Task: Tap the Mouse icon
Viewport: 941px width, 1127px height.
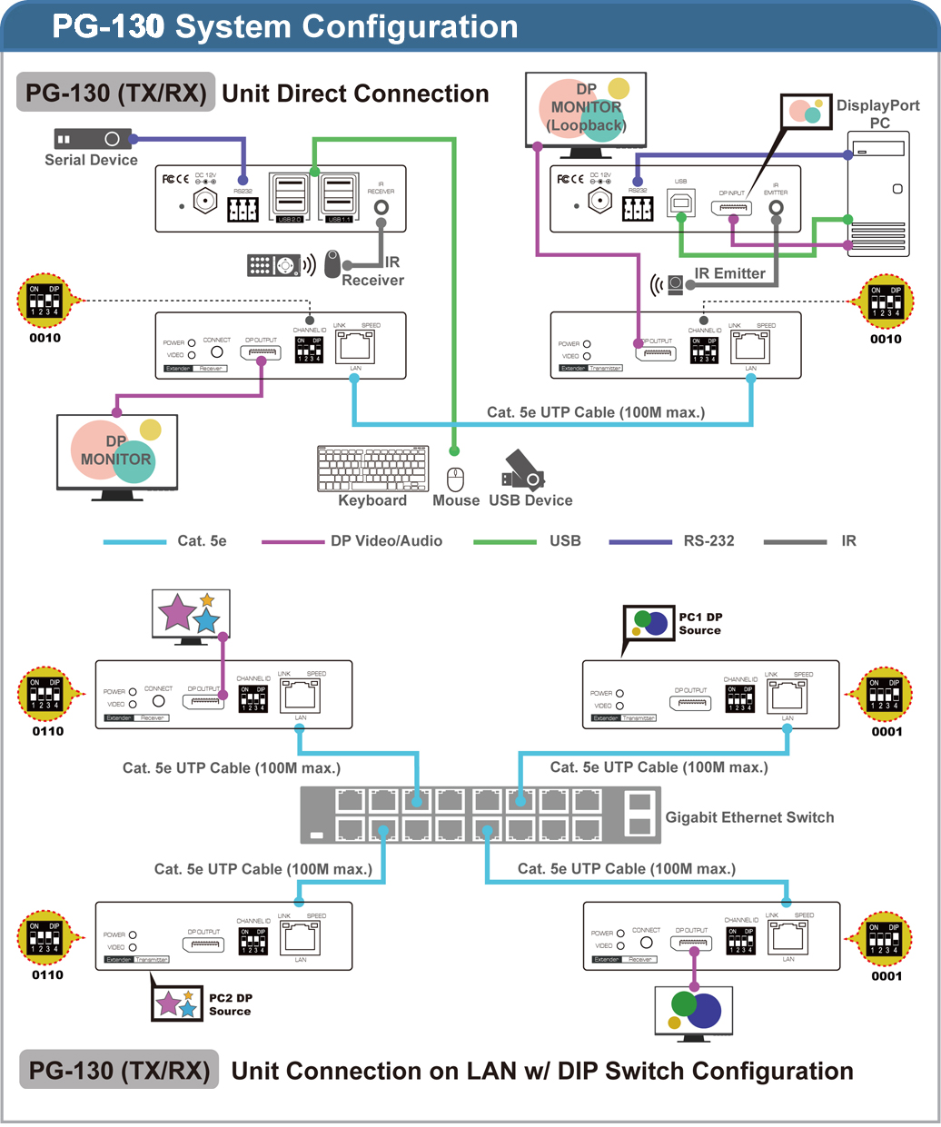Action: click(456, 479)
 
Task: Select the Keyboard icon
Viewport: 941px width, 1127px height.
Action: click(373, 469)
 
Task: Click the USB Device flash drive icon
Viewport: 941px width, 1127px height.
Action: click(522, 471)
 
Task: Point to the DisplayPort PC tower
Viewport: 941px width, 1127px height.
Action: click(877, 194)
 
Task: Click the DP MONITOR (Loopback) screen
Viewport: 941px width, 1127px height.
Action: click(586, 109)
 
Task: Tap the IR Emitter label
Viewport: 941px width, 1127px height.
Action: click(729, 273)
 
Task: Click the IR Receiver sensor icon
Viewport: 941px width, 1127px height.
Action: click(332, 264)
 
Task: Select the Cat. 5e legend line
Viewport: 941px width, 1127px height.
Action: click(134, 542)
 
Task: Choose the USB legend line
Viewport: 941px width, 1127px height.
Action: click(505, 542)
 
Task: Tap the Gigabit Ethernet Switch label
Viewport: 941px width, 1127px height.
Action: click(749, 817)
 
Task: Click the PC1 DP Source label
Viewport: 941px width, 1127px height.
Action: click(700, 623)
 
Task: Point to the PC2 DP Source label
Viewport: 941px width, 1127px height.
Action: click(231, 1004)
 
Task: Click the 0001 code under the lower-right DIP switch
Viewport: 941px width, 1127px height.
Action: click(887, 976)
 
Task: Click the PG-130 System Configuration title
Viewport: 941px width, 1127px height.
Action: click(285, 26)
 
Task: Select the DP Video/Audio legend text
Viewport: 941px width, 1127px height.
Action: click(386, 541)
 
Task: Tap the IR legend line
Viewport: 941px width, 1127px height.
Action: click(795, 542)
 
